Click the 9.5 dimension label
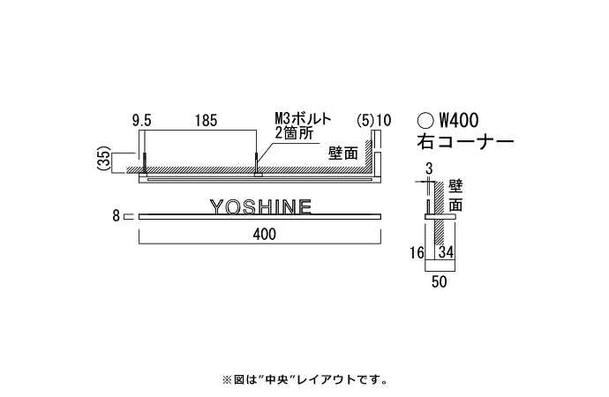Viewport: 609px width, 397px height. click(x=141, y=119)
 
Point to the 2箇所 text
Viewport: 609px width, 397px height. click(x=294, y=132)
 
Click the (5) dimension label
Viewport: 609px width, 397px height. click(x=365, y=119)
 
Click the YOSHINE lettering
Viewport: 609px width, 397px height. click(x=260, y=206)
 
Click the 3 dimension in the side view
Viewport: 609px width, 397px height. click(x=428, y=168)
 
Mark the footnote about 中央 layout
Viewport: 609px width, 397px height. click(x=304, y=380)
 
